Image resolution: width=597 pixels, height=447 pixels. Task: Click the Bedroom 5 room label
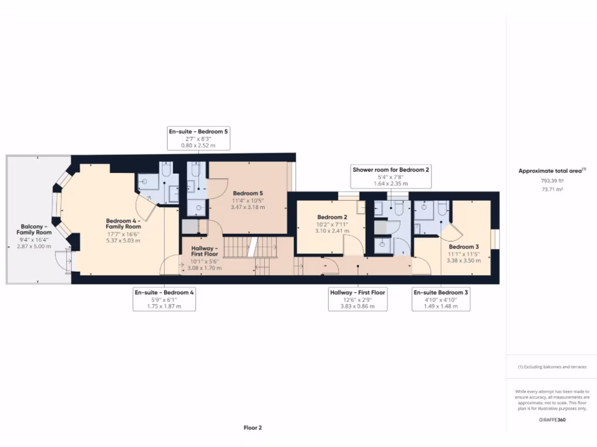[248, 193]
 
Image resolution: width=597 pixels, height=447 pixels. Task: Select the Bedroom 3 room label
[465, 247]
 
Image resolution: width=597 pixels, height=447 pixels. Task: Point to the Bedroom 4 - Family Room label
[123, 223]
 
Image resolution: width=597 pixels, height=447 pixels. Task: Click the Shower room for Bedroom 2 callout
[391, 176]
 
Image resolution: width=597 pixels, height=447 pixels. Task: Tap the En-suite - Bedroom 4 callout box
[164, 299]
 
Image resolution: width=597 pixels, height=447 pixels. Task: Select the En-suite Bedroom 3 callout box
[440, 299]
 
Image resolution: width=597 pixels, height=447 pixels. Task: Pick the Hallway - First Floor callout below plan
[357, 299]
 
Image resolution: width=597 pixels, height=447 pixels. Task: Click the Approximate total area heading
[551, 171]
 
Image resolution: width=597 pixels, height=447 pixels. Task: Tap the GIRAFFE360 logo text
[552, 419]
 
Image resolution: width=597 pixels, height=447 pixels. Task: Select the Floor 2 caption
[252, 428]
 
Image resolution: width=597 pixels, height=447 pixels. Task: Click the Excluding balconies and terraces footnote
[552, 367]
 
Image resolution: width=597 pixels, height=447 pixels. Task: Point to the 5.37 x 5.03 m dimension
[123, 240]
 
